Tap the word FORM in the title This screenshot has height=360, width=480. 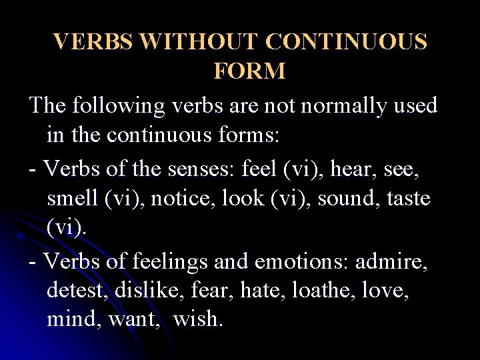point(249,71)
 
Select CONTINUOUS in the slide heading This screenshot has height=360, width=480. point(347,42)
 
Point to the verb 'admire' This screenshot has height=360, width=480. point(391,261)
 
